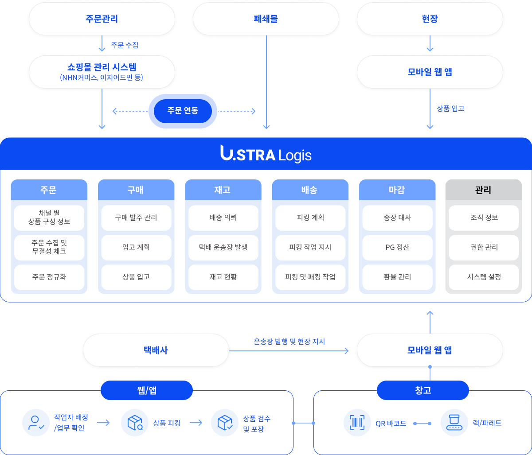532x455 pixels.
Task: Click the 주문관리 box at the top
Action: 102,19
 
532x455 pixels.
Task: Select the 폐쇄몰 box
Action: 266,19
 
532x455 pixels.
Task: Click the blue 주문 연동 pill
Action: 183,111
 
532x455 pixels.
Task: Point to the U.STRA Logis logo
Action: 266,154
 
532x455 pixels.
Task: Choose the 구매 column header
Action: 136,190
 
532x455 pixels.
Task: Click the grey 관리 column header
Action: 483,190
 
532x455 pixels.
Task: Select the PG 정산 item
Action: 397,247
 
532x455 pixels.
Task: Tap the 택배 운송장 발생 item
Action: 223,247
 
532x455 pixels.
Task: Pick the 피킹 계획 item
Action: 310,218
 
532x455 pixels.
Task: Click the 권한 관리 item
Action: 483,247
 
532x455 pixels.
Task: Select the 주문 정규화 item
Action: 49,277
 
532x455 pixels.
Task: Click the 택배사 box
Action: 156,350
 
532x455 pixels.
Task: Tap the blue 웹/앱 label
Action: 147,390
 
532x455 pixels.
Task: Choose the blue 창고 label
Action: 423,390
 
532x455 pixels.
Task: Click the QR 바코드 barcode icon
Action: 357,423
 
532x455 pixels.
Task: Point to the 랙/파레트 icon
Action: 454,423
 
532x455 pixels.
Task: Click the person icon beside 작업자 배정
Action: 36,423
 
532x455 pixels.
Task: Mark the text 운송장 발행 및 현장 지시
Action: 289,342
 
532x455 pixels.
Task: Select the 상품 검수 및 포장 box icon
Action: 225,423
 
